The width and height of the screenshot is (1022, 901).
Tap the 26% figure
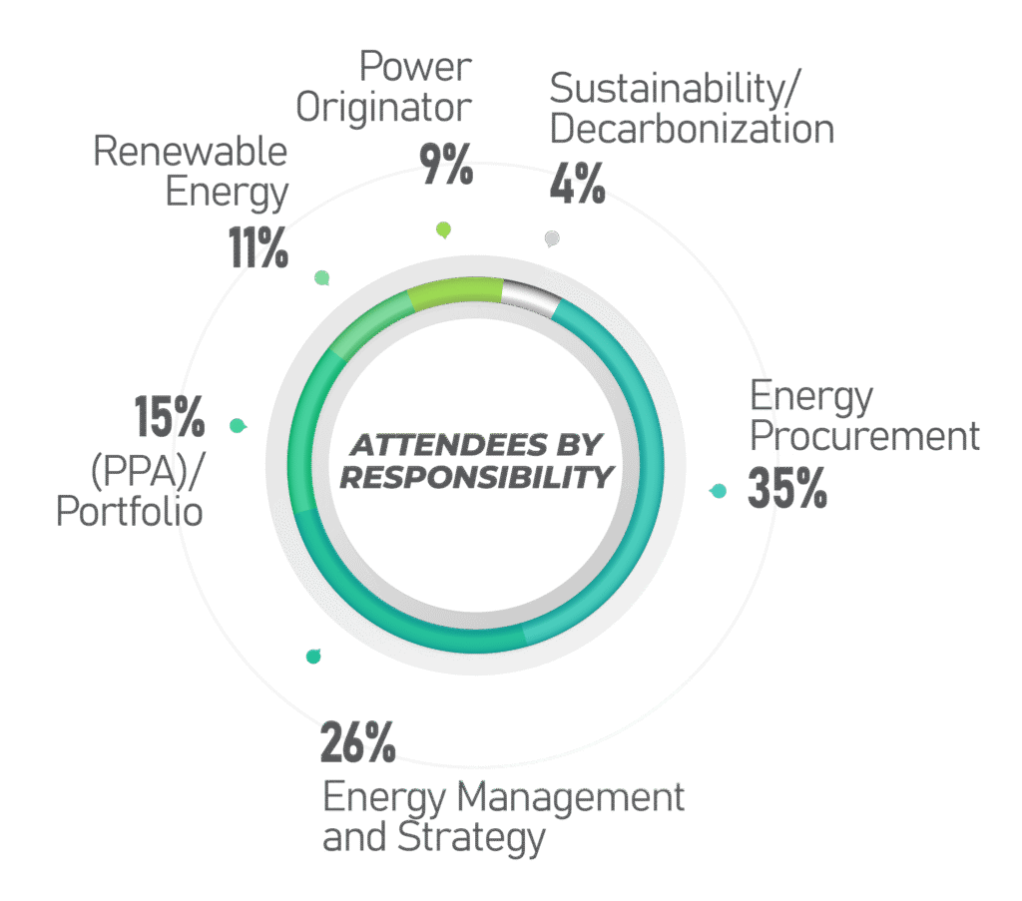coord(358,742)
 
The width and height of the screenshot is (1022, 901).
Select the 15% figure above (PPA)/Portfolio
coord(170,416)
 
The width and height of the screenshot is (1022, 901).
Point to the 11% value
coord(258,247)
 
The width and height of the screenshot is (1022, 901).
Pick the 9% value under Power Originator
coord(446,165)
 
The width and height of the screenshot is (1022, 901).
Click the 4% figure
coord(577,183)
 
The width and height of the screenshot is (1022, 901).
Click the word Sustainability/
coord(674,89)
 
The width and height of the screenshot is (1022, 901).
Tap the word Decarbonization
coord(692,129)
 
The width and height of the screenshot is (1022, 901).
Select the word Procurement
coord(864,436)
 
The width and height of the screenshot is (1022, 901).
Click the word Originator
coord(384,108)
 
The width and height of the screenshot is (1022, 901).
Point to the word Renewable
coord(191,151)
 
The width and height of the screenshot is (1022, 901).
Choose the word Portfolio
coord(130,511)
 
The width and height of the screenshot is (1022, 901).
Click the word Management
coord(571,797)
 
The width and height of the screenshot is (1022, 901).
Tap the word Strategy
coord(471,838)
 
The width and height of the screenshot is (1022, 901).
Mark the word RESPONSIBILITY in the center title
coord(476,478)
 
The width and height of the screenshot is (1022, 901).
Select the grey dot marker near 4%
coord(552,238)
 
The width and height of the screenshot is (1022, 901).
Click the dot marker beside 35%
coord(719,491)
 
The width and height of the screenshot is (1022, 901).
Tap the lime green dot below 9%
coord(444,229)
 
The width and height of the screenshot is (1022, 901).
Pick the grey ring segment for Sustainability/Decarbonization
coord(531,293)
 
